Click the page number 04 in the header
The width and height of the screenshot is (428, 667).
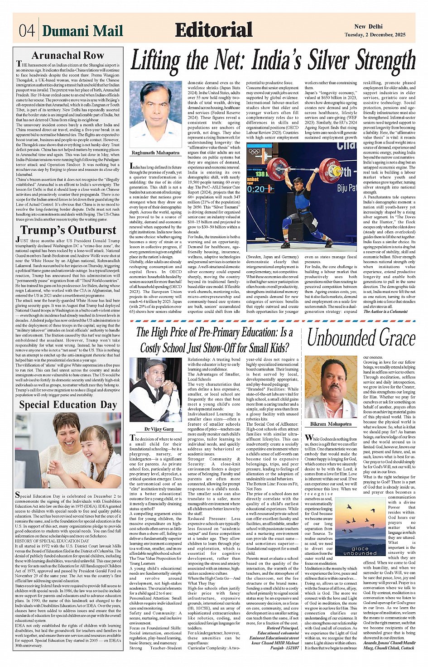click(27, 31)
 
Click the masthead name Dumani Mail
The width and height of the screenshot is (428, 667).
click(82, 31)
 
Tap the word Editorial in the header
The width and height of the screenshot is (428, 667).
click(213, 30)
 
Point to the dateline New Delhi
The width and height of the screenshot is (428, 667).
click(368, 27)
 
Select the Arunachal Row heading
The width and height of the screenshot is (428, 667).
click(68, 56)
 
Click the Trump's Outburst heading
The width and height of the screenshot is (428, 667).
click(68, 230)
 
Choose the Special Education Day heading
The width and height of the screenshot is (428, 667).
click(68, 404)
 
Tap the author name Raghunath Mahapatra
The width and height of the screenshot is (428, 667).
click(155, 153)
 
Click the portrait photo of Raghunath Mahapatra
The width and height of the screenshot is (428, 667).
click(155, 114)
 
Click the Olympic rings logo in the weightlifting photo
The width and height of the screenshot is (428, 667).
click(255, 151)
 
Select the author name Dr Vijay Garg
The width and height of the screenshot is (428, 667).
click(155, 428)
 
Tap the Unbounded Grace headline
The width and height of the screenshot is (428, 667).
click(361, 338)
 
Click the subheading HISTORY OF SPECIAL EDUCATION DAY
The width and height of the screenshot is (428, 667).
click(52, 541)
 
